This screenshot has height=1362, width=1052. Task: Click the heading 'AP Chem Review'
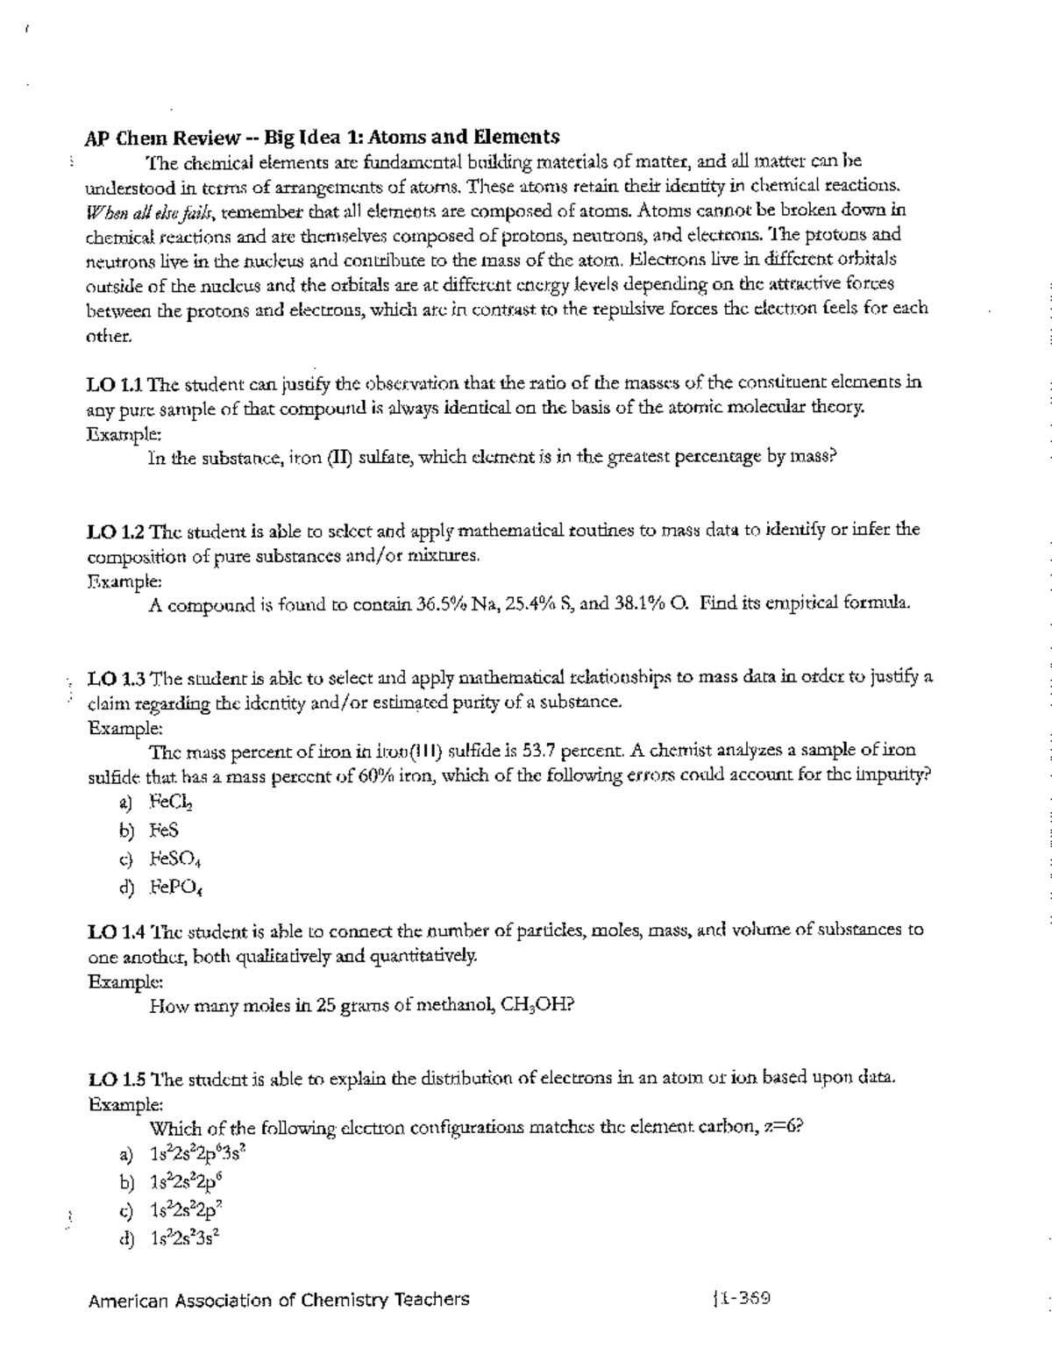click(162, 137)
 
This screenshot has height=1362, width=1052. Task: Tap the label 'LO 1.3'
click(116, 677)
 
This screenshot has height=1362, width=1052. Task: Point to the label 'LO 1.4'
click(116, 930)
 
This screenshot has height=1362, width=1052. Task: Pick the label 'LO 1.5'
click(116, 1078)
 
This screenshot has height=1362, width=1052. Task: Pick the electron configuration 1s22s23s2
click(184, 1238)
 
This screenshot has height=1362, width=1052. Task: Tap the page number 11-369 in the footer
click(743, 1299)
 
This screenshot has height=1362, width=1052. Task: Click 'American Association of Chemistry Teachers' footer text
click(279, 1300)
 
